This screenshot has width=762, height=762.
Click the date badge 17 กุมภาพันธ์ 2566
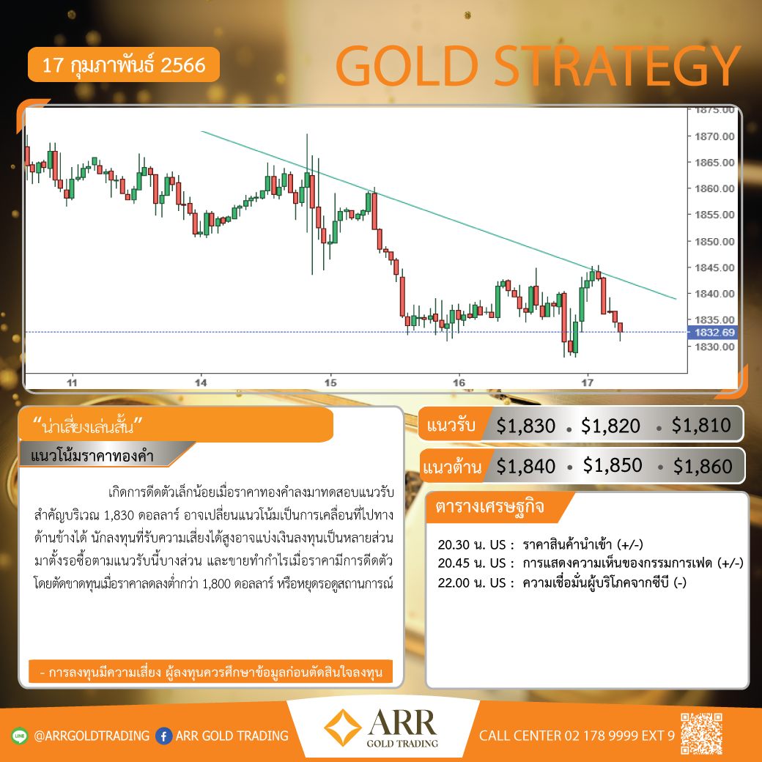click(x=123, y=64)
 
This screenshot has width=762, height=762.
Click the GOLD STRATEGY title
click(x=538, y=66)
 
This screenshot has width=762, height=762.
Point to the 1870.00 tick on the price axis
click(x=714, y=136)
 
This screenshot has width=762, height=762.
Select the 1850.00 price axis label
click(x=714, y=242)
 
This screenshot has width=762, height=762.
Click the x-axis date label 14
click(x=201, y=382)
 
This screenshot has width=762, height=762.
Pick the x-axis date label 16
click(x=459, y=382)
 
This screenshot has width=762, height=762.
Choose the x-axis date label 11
click(x=72, y=382)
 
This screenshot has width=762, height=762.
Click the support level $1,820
click(x=610, y=426)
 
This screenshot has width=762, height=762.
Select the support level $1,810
click(x=701, y=425)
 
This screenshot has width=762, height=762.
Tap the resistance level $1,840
click(x=525, y=466)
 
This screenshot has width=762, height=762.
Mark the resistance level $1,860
click(x=703, y=466)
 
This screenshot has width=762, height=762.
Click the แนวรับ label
click(x=451, y=425)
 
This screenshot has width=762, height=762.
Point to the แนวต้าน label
click(x=452, y=467)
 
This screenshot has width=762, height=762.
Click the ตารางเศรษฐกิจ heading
click(x=489, y=506)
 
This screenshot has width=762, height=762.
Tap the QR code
click(x=701, y=734)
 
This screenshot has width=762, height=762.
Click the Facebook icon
click(x=164, y=736)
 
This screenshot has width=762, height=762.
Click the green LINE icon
click(x=20, y=736)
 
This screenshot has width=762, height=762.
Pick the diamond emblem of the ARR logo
click(x=343, y=728)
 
